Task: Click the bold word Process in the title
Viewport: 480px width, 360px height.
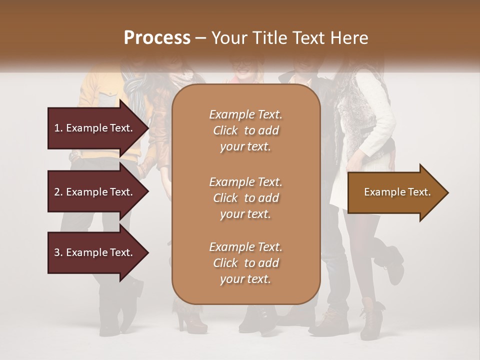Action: click(x=157, y=38)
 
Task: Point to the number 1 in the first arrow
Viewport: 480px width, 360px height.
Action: click(x=56, y=128)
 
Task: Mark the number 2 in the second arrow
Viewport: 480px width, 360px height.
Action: click(x=56, y=192)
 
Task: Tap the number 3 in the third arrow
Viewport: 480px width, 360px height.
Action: click(x=56, y=252)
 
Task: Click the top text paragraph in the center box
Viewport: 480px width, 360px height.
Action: click(x=245, y=130)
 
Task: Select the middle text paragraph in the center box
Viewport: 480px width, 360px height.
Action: click(x=245, y=198)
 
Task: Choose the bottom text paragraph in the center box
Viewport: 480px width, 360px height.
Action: click(x=245, y=263)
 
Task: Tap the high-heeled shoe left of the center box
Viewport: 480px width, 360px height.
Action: click(x=190, y=320)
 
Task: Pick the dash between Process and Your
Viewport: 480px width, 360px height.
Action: click(x=200, y=38)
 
